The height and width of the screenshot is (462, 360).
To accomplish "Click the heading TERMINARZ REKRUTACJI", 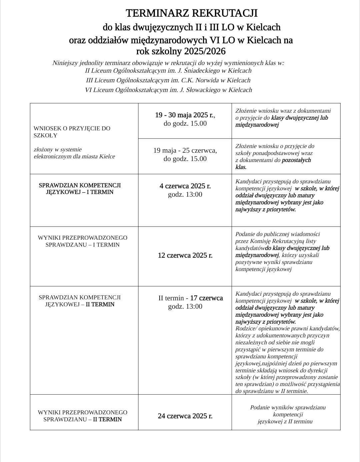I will pos(191,13).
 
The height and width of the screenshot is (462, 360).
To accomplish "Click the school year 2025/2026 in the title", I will pos(205,51).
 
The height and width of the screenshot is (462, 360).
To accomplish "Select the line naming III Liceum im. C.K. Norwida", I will pos(168,80).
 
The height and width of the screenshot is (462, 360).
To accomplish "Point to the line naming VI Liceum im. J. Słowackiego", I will pos(168,90).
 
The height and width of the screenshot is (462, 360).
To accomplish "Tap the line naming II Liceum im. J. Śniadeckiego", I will pos(168,71).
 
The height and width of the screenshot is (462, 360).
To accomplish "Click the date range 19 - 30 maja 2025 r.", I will pos(185,115).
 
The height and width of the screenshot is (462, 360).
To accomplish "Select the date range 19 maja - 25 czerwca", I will pos(185,150).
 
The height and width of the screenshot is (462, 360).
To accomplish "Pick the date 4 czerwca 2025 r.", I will pos(185,186).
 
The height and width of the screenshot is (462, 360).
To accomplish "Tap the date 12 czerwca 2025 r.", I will pos(185,255).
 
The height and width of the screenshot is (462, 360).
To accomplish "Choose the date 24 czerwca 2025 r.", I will pos(185,416).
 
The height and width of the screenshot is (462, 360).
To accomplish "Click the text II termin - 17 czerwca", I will pos(190,298).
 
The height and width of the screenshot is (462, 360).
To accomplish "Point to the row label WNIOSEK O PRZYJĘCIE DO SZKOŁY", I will pos(72,132).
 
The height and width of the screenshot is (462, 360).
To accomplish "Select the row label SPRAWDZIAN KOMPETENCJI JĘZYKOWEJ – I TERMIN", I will pos(80,189).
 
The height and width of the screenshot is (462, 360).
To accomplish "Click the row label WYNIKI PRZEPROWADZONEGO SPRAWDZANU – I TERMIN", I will pos(82,241).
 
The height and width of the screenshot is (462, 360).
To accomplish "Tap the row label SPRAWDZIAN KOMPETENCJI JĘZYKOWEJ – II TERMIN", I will pos(80,301).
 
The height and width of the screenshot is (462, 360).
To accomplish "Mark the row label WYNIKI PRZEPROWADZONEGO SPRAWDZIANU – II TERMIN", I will pos(82,416).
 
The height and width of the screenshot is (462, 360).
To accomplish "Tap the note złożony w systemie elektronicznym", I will pos(74,153).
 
